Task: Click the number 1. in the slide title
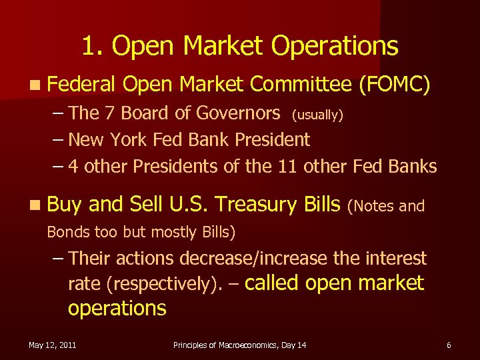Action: (92, 46)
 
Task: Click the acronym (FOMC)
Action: (394, 84)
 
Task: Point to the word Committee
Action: (300, 84)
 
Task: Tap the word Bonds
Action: (65, 233)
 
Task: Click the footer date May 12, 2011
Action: (52, 345)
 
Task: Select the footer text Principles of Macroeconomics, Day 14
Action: (239, 345)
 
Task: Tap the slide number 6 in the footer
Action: (449, 345)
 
